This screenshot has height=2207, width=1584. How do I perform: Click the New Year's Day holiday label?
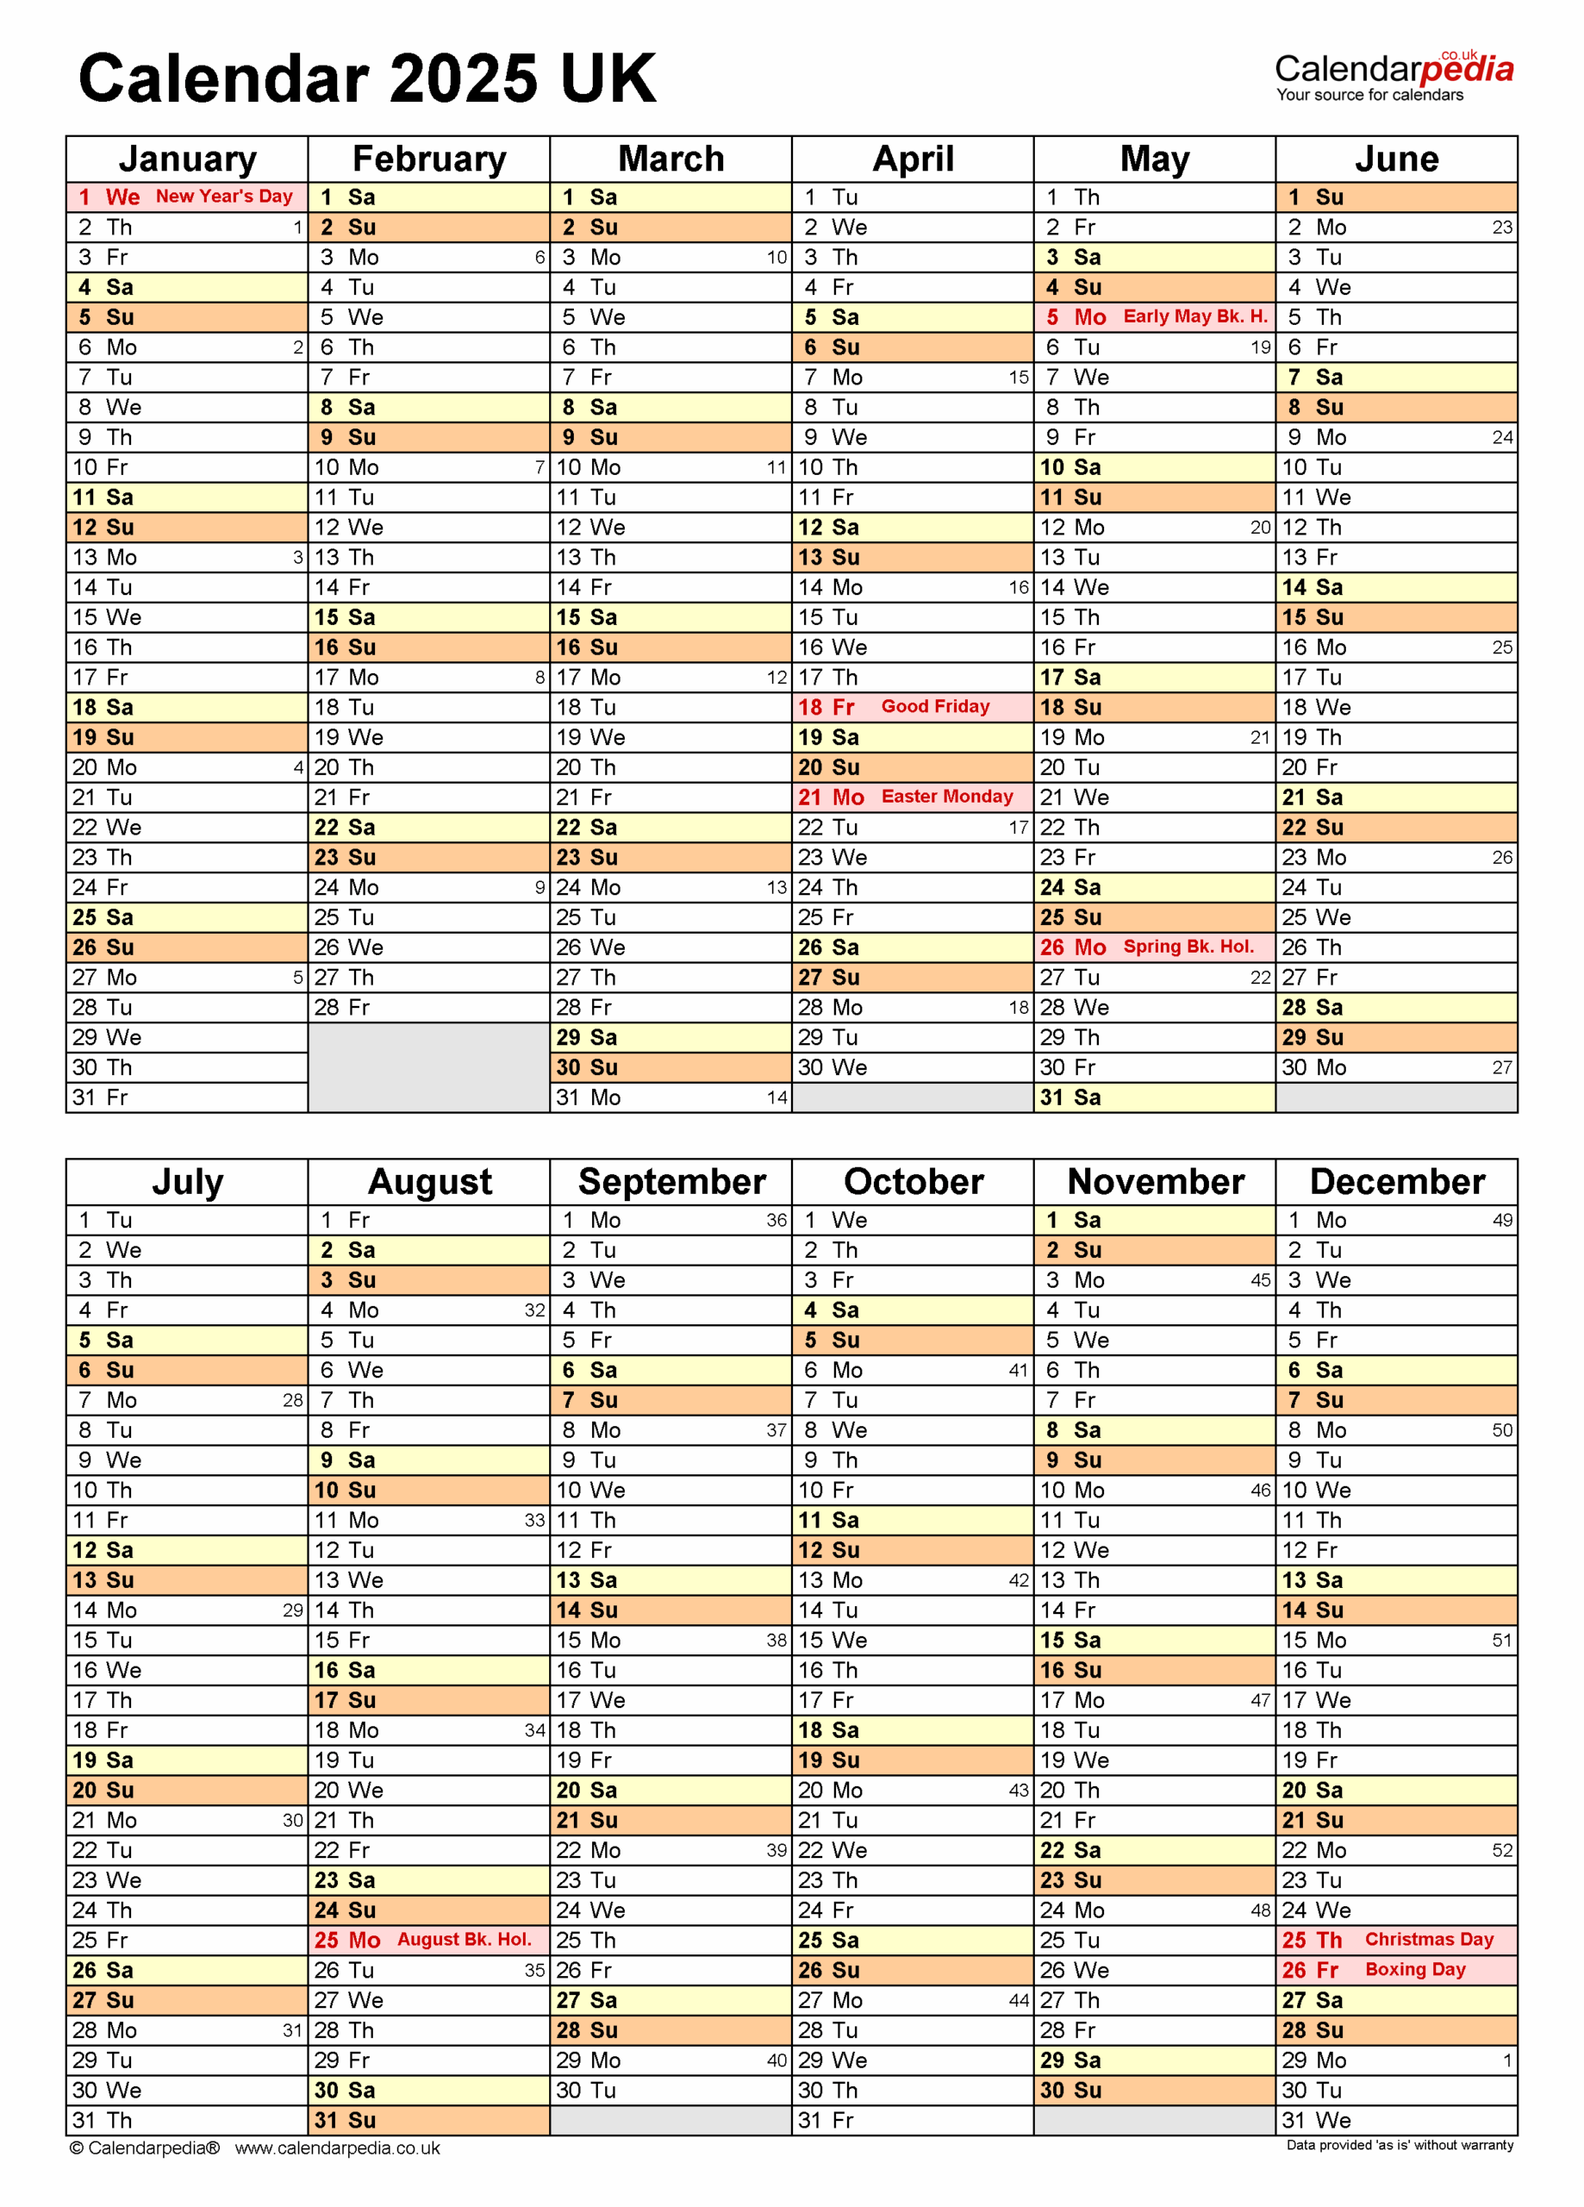[x=224, y=197]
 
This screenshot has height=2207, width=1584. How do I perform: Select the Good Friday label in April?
[x=935, y=706]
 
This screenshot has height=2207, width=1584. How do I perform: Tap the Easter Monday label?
[x=947, y=796]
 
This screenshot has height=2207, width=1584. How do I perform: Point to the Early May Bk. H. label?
[x=1194, y=316]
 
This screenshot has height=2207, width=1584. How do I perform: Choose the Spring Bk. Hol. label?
[x=1188, y=947]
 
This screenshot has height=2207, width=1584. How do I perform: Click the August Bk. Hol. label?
[x=465, y=1940]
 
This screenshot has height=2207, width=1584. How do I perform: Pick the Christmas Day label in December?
[x=1428, y=1940]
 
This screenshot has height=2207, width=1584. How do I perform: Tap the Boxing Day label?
[x=1415, y=1970]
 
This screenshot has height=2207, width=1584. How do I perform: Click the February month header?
[x=429, y=159]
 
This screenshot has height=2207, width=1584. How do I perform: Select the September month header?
[x=671, y=1181]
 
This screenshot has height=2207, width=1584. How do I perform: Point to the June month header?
[x=1396, y=159]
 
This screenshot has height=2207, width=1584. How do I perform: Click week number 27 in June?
[x=1502, y=1067]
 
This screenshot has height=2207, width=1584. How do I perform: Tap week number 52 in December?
[x=1502, y=1850]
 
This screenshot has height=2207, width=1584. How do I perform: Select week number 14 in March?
[x=776, y=1097]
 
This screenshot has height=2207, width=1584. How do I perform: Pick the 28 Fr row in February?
[x=428, y=1007]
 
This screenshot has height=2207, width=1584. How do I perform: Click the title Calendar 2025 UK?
[x=367, y=78]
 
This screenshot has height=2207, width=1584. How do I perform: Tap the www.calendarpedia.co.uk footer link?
[x=337, y=2148]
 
